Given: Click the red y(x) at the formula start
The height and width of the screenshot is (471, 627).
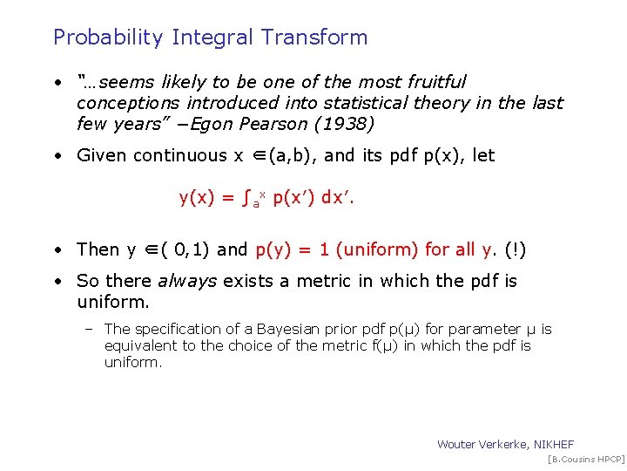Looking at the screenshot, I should click(x=197, y=198).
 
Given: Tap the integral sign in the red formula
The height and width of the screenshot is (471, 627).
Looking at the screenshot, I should click(x=245, y=198).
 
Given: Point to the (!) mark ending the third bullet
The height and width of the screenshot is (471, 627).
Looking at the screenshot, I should click(x=516, y=249).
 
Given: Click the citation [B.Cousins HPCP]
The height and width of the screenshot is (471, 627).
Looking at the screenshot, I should click(x=585, y=459).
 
